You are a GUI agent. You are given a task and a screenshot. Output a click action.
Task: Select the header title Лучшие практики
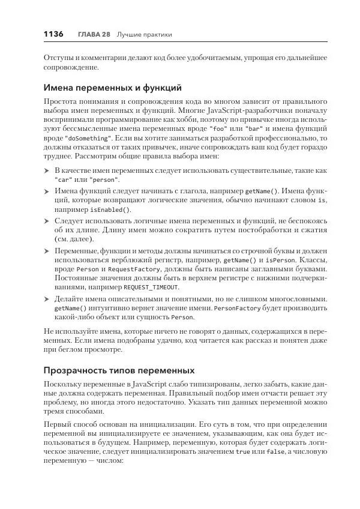click(x=144, y=35)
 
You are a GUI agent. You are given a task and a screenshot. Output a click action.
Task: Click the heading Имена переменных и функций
click(x=112, y=88)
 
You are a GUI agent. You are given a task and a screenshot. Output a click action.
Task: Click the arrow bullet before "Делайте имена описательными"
click(x=47, y=298)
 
